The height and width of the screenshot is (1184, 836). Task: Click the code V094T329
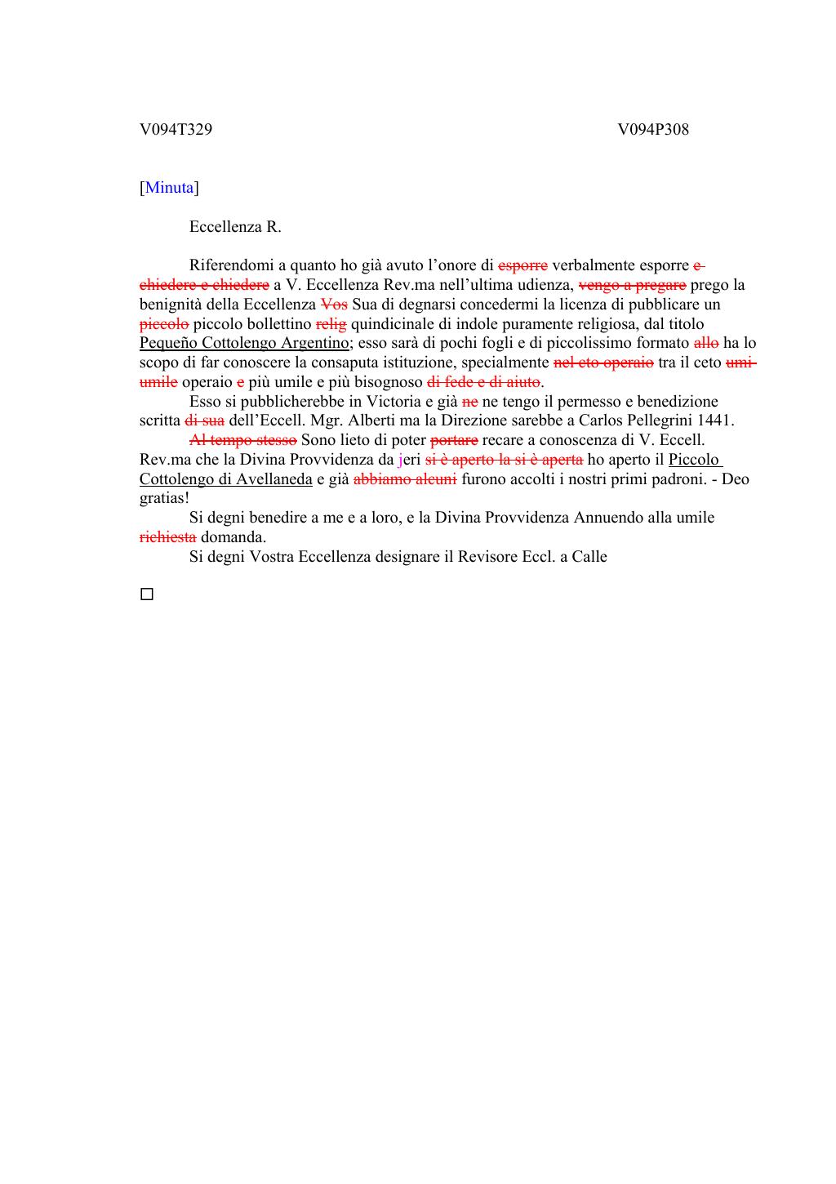(x=176, y=129)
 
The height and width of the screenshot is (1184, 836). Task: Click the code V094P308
(x=652, y=129)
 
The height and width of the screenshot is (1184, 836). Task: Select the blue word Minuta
(x=170, y=188)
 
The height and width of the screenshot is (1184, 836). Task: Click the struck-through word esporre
(x=522, y=265)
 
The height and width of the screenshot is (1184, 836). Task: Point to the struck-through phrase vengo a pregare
(x=632, y=285)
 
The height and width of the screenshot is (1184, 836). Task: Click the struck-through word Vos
(x=334, y=305)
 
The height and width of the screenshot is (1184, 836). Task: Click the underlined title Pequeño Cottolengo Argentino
(x=244, y=343)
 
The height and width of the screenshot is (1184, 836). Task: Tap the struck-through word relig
(x=331, y=324)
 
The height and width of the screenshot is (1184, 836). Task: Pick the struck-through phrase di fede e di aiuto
(x=483, y=382)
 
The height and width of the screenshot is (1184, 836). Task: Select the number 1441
(x=717, y=421)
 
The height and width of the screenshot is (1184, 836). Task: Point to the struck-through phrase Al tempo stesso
(x=242, y=440)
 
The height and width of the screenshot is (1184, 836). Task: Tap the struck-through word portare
(x=453, y=440)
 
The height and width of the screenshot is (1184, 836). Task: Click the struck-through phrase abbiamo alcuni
(x=404, y=479)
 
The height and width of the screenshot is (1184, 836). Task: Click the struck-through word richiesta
(x=167, y=537)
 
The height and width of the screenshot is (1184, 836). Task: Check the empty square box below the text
(x=147, y=594)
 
